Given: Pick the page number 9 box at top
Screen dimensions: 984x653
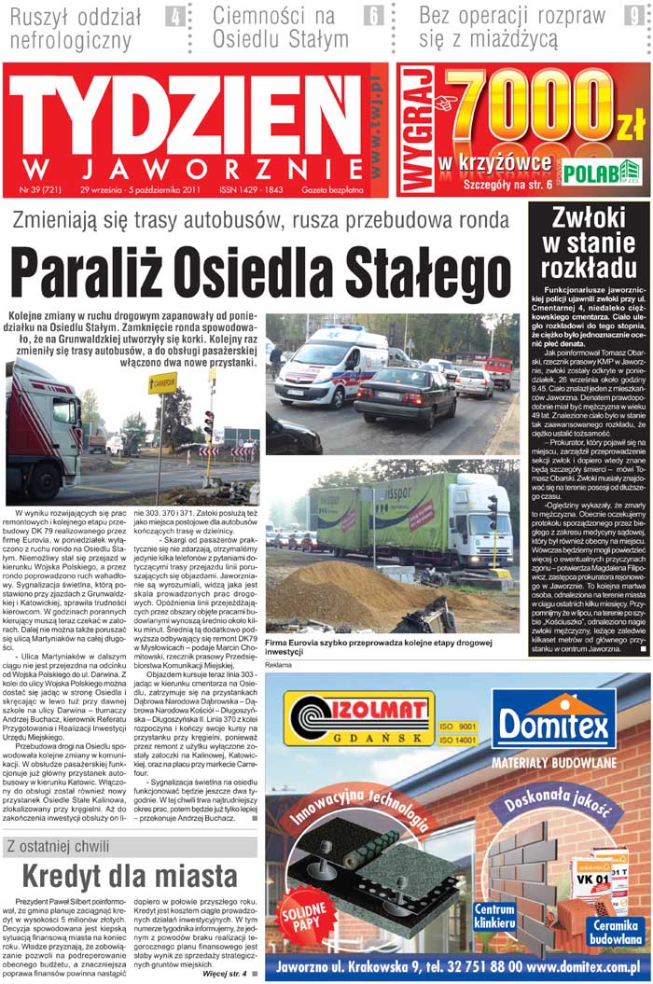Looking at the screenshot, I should (x=632, y=16).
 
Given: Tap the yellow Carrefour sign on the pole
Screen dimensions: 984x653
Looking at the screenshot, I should (x=161, y=382).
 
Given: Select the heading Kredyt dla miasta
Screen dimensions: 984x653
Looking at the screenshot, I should (x=129, y=877).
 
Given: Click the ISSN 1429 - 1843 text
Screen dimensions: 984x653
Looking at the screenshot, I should (x=251, y=189).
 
